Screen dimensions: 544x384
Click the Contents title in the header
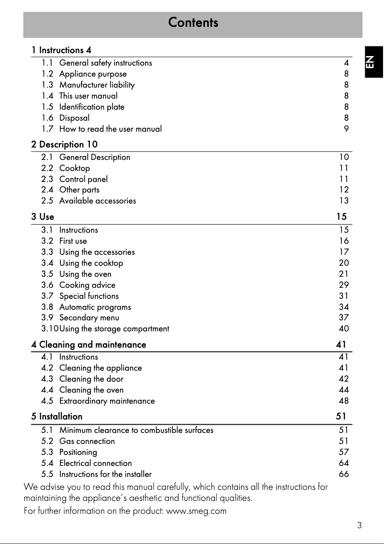[193, 23]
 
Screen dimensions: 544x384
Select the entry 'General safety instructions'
[105, 63]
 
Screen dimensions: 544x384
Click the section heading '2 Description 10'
[65, 144]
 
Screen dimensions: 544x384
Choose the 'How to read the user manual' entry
[110, 129]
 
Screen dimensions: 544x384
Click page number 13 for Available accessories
[344, 201]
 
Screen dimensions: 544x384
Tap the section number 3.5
[47, 274]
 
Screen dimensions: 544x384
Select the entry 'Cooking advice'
[87, 285]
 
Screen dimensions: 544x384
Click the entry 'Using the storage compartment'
[114, 329]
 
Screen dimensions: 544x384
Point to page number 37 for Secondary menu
[344, 317]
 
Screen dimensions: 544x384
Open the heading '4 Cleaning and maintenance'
[89, 344]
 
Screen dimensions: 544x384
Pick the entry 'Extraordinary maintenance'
[107, 401]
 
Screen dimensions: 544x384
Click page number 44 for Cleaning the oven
[344, 390]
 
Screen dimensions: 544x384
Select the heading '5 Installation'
[57, 416]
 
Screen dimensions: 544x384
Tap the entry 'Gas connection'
[87, 441]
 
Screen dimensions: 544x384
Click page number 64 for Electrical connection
[344, 463]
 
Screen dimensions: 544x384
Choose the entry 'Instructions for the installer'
[105, 474]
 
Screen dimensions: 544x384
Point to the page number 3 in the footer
[359, 525]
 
